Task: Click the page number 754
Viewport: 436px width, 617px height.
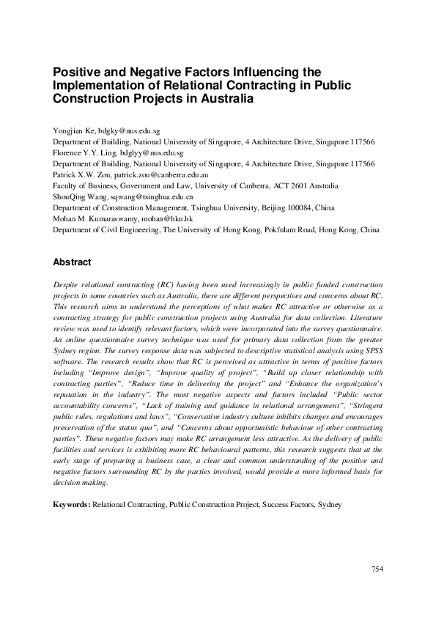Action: pos(377,569)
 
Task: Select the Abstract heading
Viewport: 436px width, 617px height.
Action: pos(72,262)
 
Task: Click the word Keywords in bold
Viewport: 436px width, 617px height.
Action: pos(72,505)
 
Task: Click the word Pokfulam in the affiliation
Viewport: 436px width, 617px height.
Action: pos(282,229)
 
